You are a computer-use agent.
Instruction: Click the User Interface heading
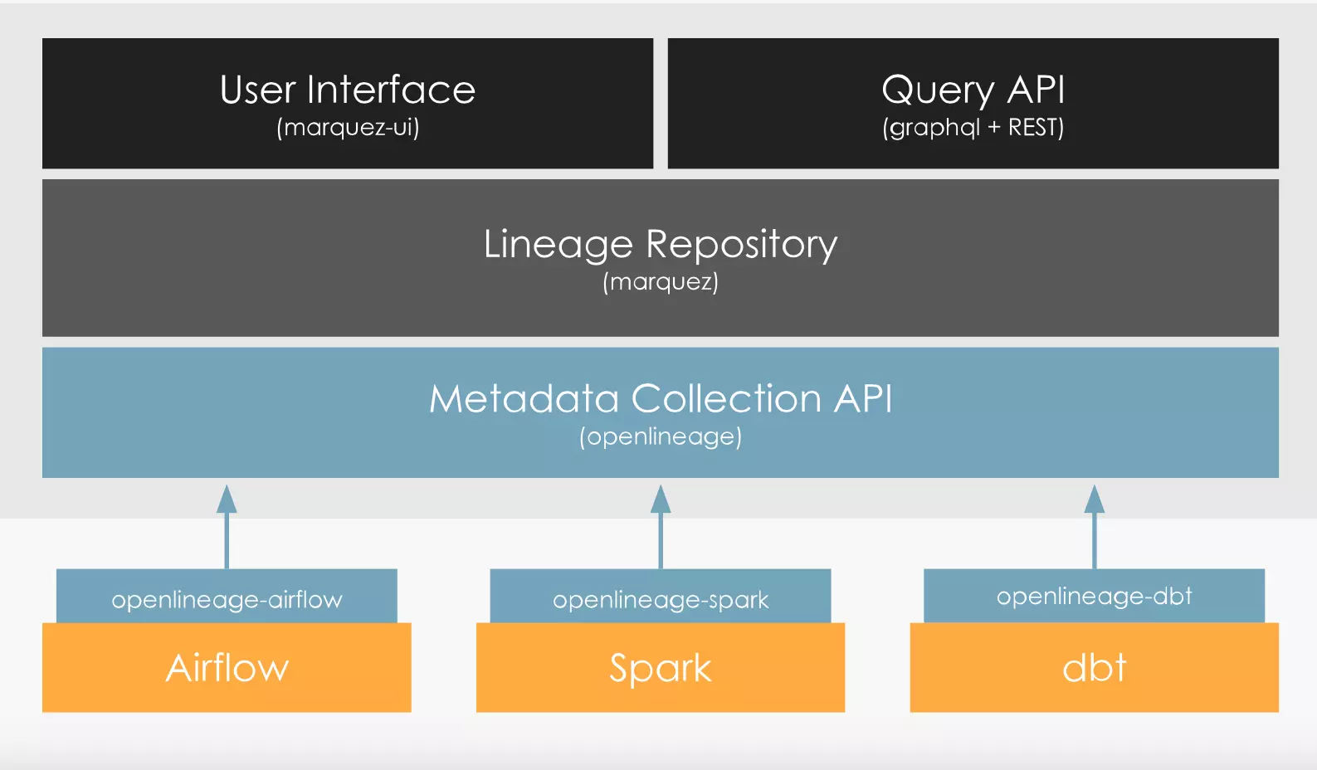click(348, 90)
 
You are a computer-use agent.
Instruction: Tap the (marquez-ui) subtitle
click(348, 127)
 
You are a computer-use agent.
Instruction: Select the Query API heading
click(973, 91)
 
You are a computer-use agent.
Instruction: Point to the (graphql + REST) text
click(973, 128)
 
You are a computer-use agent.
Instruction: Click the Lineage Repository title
click(661, 245)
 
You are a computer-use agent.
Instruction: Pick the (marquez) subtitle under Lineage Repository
click(661, 281)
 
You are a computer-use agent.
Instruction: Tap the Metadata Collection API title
click(661, 398)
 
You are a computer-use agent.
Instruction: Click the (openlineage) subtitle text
click(661, 436)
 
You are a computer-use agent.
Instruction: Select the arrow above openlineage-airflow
click(227, 527)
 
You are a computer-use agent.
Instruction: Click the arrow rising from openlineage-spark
click(661, 527)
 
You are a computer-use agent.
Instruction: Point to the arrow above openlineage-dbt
click(1094, 527)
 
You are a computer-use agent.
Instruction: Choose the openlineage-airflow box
click(227, 596)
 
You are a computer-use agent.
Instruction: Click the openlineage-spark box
click(661, 596)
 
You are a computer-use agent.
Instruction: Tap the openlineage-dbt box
click(1094, 596)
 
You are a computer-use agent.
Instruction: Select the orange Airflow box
click(227, 668)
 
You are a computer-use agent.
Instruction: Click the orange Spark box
click(661, 668)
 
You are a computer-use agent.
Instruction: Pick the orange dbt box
click(1094, 668)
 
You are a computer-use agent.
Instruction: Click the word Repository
click(742, 245)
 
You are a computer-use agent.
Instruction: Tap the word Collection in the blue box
click(727, 398)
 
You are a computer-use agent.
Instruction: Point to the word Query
click(938, 91)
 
